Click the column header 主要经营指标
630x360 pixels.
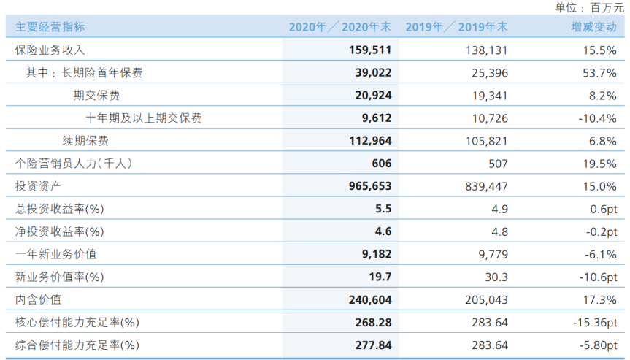click(50, 27)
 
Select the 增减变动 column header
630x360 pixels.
click(593, 27)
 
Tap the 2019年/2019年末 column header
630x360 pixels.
click(456, 27)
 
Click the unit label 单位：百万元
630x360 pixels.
click(589, 7)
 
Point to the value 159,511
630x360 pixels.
click(370, 50)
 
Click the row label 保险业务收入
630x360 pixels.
click(50, 50)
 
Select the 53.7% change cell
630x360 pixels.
click(599, 73)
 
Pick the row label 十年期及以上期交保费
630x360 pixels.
click(143, 118)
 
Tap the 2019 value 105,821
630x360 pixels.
click(487, 141)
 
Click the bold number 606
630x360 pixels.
click(381, 164)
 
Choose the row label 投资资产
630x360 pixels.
click(38, 186)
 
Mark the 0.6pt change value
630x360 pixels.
click(604, 209)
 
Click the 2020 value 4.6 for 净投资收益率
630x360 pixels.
click(383, 231)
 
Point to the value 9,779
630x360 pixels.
click(493, 254)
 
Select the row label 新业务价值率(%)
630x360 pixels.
click(59, 277)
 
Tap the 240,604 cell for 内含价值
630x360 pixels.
click(370, 299)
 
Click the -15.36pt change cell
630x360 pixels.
click(595, 322)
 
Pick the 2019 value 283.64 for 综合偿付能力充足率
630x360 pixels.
click(490, 345)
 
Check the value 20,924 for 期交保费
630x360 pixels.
click(373, 95)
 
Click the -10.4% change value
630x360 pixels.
click(597, 118)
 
